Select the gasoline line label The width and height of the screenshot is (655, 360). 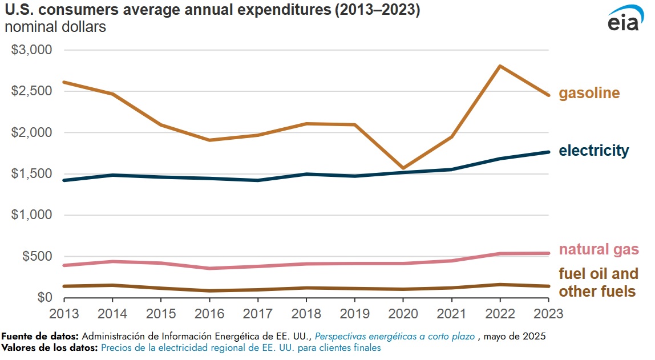click(589, 94)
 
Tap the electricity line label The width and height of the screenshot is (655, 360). click(593, 151)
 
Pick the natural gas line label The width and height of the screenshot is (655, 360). click(599, 249)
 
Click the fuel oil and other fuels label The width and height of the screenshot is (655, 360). click(598, 282)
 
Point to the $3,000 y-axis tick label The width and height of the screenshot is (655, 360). click(32, 50)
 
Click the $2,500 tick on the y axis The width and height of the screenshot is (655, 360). click(32, 91)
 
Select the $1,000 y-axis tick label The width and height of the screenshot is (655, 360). click(32, 215)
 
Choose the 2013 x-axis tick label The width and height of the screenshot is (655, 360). click(64, 313)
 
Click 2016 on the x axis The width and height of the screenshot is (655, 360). click(209, 313)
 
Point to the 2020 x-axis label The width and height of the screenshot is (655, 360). click(403, 313)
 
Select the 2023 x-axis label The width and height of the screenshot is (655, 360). click(548, 313)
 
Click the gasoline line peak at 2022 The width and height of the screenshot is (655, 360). click(500, 66)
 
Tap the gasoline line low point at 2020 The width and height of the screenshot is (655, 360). click(403, 168)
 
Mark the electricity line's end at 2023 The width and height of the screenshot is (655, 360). click(548, 152)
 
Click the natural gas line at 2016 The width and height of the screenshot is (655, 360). click(209, 268)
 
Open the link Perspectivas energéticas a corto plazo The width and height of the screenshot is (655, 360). click(394, 337)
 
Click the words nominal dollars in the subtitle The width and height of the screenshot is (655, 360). click(55, 27)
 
